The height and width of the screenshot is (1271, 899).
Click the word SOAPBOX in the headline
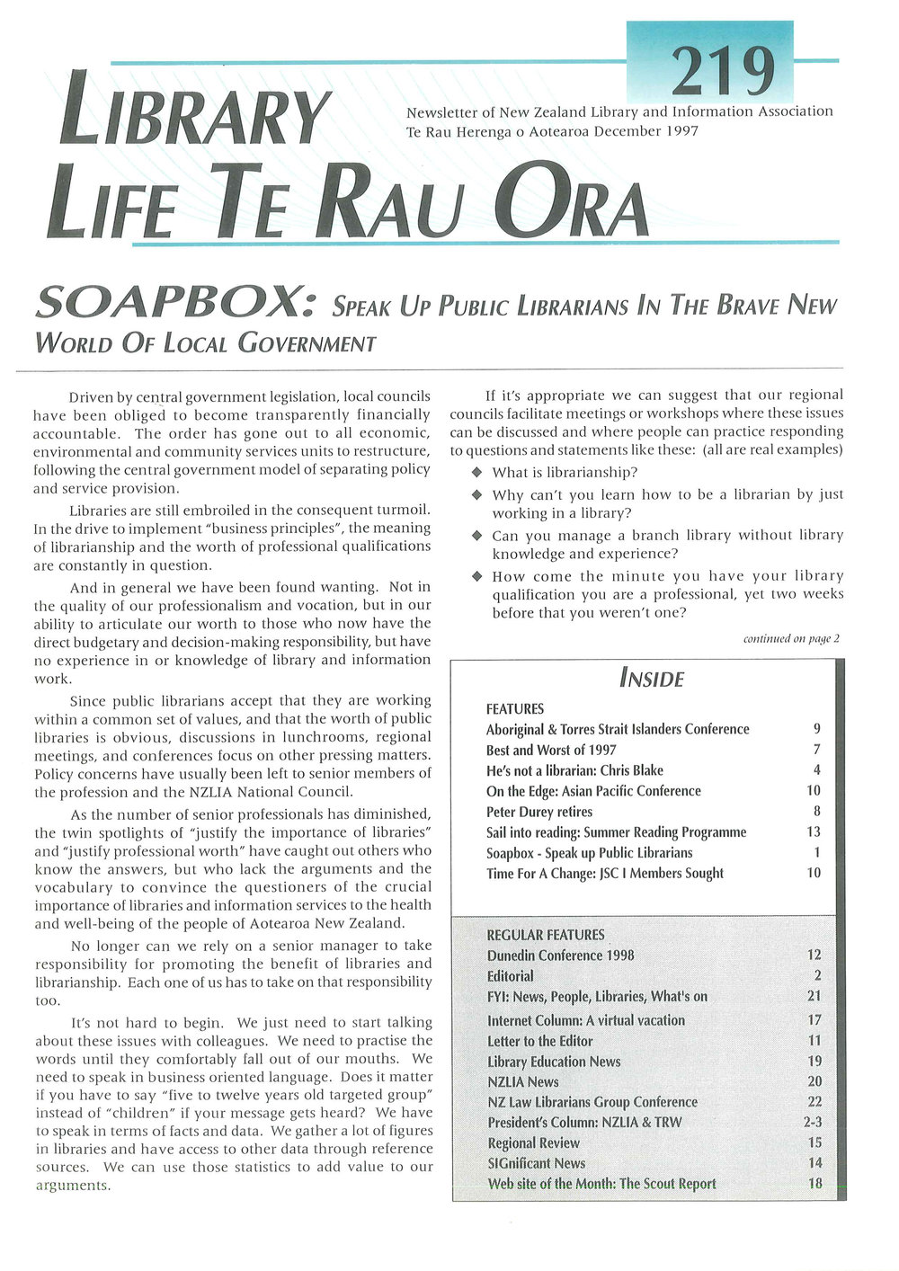pos(174,306)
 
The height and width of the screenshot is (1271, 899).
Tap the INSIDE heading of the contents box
pos(651,679)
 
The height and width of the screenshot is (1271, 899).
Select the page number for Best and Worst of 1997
pos(816,750)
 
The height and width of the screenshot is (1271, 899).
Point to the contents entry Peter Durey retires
pos(539,812)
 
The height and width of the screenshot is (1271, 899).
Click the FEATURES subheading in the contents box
pos(515,709)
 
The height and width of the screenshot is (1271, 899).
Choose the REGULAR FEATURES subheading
pos(546,935)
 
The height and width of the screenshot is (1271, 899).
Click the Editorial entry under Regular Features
pos(511,976)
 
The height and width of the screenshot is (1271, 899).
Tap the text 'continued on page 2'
pos(791,639)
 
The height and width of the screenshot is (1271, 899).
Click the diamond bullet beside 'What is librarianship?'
pos(477,473)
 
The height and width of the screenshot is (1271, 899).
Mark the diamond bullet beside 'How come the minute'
pos(477,576)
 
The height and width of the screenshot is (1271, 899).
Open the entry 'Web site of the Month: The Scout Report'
pos(601,1184)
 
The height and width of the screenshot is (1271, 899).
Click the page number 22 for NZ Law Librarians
pos(814,1101)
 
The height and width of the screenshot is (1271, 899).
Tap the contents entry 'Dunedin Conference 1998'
pos(561,955)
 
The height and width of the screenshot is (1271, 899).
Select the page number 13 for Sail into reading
pos(814,832)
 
